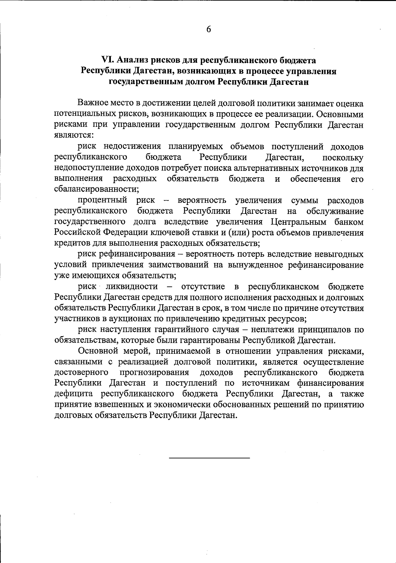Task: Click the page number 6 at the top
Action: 209,29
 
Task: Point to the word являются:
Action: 74,135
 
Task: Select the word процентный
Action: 103,200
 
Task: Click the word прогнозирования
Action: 154,373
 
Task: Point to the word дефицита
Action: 74,394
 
